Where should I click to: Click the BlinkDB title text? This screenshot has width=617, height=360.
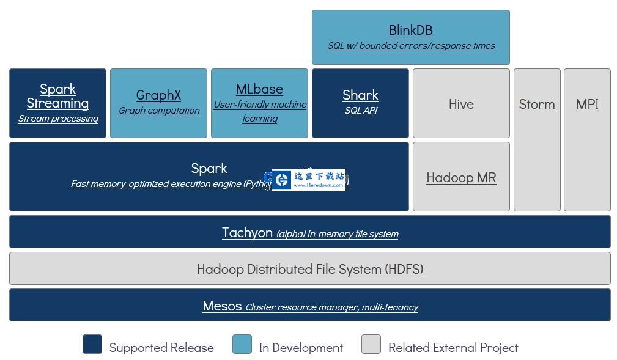pyautogui.click(x=410, y=30)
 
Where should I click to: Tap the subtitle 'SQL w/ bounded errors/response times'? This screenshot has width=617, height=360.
pyautogui.click(x=411, y=46)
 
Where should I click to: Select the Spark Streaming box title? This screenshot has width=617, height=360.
pyautogui.click(x=57, y=96)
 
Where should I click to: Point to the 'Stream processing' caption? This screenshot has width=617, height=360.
pyautogui.click(x=58, y=119)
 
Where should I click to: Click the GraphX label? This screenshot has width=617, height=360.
pyautogui.click(x=158, y=95)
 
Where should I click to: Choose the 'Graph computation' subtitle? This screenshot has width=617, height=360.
pyautogui.click(x=158, y=111)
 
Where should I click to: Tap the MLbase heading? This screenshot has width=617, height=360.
pyautogui.click(x=259, y=89)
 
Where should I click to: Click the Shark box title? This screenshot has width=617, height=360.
pyautogui.click(x=360, y=95)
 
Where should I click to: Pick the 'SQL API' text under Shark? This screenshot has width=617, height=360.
pyautogui.click(x=360, y=111)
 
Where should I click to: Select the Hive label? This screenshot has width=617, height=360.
pyautogui.click(x=461, y=104)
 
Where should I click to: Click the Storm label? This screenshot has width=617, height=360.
pyautogui.click(x=537, y=104)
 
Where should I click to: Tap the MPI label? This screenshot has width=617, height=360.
pyautogui.click(x=587, y=104)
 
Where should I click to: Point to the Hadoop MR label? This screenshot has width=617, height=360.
pyautogui.click(x=461, y=177)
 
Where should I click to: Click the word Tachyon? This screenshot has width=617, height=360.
pyautogui.click(x=247, y=232)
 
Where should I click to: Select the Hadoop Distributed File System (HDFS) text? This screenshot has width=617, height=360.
pyautogui.click(x=310, y=269)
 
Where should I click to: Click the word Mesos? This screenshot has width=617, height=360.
pyautogui.click(x=222, y=306)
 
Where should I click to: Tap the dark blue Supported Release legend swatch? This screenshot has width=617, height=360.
pyautogui.click(x=92, y=344)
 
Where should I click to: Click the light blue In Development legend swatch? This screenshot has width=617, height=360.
pyautogui.click(x=242, y=344)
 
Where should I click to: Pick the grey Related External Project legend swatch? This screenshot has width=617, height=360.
pyautogui.click(x=371, y=344)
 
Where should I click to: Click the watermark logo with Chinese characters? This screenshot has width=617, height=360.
pyautogui.click(x=308, y=180)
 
